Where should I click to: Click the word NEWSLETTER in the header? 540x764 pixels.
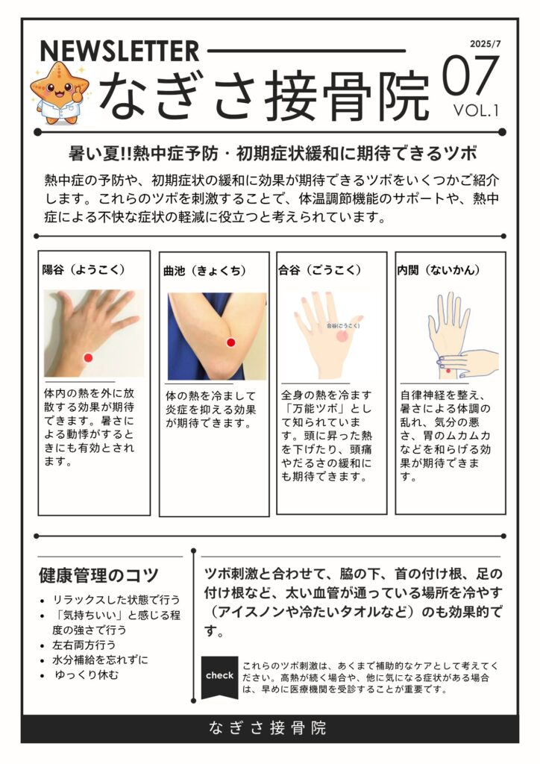coord(119,51)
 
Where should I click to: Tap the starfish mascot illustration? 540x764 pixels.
coord(60,92)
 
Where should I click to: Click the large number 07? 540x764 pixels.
coord(470,76)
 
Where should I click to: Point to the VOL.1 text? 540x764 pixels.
coord(476,110)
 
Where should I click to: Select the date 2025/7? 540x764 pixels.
coord(485,44)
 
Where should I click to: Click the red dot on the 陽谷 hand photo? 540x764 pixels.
coord(88,357)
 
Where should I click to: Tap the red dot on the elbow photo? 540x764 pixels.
coord(230,342)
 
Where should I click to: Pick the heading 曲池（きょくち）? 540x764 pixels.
coord(205,271)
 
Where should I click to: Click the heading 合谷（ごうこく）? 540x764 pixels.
coord(320,269)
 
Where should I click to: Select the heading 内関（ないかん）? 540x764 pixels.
coord(439,269)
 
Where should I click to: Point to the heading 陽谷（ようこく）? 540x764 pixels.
coord(84,269)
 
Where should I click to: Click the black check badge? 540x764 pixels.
coord(219,677)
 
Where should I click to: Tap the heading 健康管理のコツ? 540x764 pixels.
coord(99,575)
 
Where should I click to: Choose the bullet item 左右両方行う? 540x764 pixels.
coord(84,645)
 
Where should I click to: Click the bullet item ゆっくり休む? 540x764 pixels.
coord(87,674)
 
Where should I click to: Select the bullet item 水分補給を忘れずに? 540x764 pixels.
coord(100,660)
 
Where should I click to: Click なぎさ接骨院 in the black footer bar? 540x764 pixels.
coord(268,728)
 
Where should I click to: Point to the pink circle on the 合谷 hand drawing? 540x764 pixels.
coord(343,335)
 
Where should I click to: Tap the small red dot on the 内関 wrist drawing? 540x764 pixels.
coord(448,372)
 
